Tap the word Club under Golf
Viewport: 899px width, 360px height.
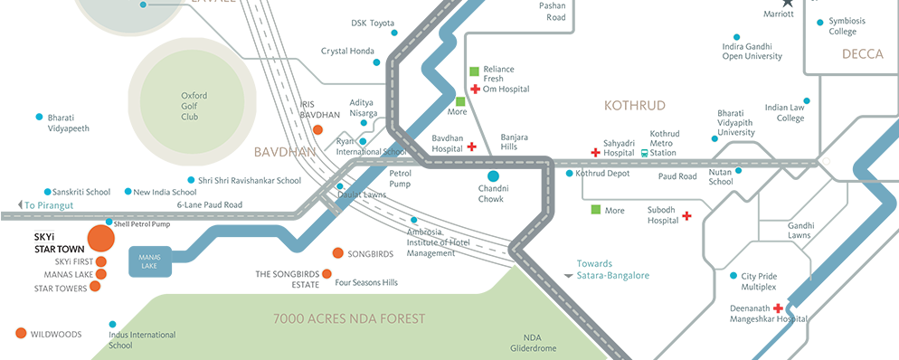pyautogui.click(x=188, y=118)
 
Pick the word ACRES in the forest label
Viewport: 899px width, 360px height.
pyautogui.click(x=336, y=319)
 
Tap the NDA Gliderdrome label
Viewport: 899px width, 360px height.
pyautogui.click(x=531, y=342)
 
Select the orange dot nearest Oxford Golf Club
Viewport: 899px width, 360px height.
pyautogui.click(x=317, y=131)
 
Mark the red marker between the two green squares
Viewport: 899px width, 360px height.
pyautogui.click(x=476, y=90)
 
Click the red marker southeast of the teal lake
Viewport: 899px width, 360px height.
pyautogui.click(x=775, y=305)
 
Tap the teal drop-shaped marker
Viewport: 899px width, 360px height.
pyautogui.click(x=643, y=148)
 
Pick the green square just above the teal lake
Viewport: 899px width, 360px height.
pyautogui.click(x=596, y=210)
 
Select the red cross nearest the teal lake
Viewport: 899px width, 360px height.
pyautogui.click(x=686, y=216)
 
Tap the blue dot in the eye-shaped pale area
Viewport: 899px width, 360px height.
pyautogui.click(x=493, y=175)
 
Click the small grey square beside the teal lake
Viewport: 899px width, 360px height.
pyautogui.click(x=564, y=270)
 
